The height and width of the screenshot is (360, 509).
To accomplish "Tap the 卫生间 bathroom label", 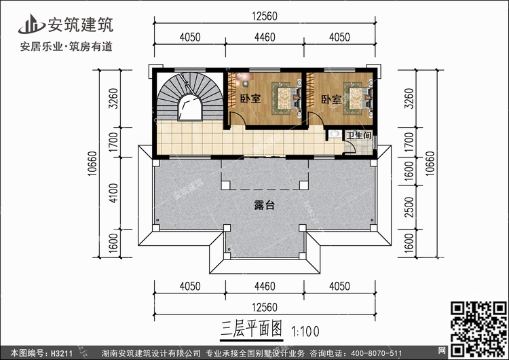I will point(358,136).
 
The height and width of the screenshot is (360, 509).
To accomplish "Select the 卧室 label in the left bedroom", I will point(250,99).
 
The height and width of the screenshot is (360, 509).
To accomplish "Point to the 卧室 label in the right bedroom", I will point(331,99).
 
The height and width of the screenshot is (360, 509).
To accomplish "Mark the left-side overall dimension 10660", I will point(91,164).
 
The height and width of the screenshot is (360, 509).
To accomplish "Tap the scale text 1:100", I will point(305,332).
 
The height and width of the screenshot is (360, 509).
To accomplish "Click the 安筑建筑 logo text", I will point(79,24).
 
